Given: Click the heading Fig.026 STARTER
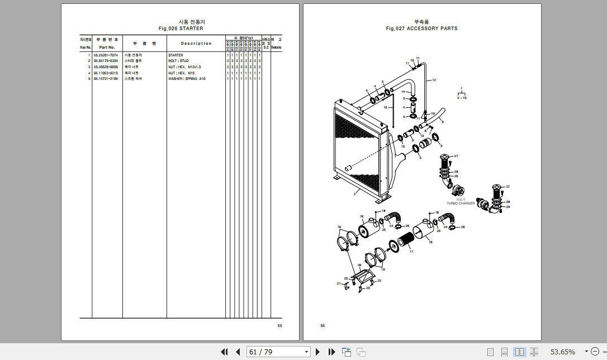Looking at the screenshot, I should point(181,28).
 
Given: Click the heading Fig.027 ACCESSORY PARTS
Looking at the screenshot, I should point(421,28).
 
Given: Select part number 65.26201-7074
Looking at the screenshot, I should point(106,55).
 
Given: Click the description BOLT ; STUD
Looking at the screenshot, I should point(178,61).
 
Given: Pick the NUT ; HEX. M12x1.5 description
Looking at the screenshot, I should point(184,67).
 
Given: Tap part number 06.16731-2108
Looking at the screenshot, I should point(106,79).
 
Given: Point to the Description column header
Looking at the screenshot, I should point(196,43).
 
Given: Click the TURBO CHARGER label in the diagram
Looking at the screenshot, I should point(461,203).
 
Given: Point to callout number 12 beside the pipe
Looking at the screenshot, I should point(434,80).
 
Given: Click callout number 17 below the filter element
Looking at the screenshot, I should point(411,252).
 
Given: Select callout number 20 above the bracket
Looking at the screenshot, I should point(359,265).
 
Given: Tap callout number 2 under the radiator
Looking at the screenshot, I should point(354,194).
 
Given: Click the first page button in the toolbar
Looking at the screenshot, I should point(225,352).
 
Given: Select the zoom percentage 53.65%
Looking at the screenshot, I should point(562,352).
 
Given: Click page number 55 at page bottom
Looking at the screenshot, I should point(279,325).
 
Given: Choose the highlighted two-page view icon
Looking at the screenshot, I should point(519,352).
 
